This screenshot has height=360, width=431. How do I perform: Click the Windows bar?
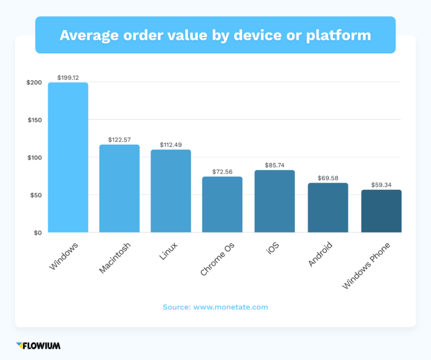click(68, 157)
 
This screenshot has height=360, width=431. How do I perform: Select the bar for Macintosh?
click(120, 189)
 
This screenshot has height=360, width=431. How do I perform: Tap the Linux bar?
click(171, 191)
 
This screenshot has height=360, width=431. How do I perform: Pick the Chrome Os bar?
click(222, 204)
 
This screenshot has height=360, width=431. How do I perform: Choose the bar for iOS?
click(274, 201)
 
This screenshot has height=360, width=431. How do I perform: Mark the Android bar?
click(328, 207)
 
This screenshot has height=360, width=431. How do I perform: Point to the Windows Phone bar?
click(381, 211)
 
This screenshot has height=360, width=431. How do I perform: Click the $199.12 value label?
click(68, 77)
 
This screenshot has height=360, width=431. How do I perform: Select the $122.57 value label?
click(120, 139)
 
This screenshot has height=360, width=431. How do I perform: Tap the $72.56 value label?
click(223, 171)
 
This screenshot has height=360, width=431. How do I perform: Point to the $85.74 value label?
click(275, 165)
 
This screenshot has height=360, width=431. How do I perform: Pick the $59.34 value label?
click(382, 184)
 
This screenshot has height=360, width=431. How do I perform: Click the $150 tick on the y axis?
click(34, 120)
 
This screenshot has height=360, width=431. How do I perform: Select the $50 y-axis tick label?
click(36, 195)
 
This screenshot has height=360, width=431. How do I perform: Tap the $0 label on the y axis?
click(38, 233)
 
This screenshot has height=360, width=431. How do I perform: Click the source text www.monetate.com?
click(231, 307)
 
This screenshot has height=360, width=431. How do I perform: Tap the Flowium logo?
click(38, 345)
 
